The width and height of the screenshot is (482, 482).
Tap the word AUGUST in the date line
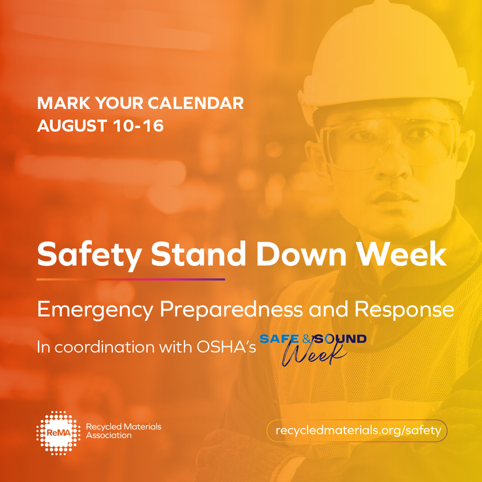pyautogui.click(x=72, y=126)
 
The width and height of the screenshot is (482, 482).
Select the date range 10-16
pyautogui.click(x=138, y=126)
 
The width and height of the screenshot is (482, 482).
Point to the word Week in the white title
pyautogui.click(x=402, y=254)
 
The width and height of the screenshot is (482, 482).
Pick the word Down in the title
pyautogui.click(x=301, y=254)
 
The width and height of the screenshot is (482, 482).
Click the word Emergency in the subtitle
pyautogui.click(x=95, y=309)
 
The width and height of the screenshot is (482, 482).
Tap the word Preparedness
pyautogui.click(x=231, y=309)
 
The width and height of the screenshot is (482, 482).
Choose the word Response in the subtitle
pyautogui.click(x=404, y=309)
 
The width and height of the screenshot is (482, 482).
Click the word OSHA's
pyautogui.click(x=226, y=347)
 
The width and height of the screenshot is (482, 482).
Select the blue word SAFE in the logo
pyautogui.click(x=279, y=339)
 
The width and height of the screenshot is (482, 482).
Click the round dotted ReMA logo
pyautogui.click(x=58, y=432)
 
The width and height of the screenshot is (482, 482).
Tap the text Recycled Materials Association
pyautogui.click(x=123, y=431)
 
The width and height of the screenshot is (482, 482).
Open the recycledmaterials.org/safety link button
pyautogui.click(x=357, y=430)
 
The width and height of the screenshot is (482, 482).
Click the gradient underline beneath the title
pyautogui.click(x=131, y=279)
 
